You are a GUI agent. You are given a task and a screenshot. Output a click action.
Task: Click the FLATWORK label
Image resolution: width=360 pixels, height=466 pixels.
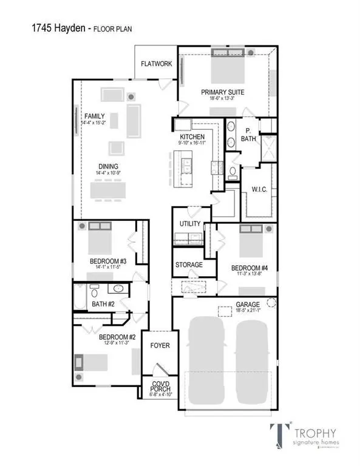pyautogui.click(x=157, y=63)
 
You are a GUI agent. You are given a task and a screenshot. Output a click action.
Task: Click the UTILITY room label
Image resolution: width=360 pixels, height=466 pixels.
pyautogui.click(x=189, y=224)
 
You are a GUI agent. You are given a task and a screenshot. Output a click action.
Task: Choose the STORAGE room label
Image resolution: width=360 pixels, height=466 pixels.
pyautogui.click(x=189, y=265)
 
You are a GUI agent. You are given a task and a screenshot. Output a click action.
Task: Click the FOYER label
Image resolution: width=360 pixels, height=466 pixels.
pyautogui.click(x=160, y=346)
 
